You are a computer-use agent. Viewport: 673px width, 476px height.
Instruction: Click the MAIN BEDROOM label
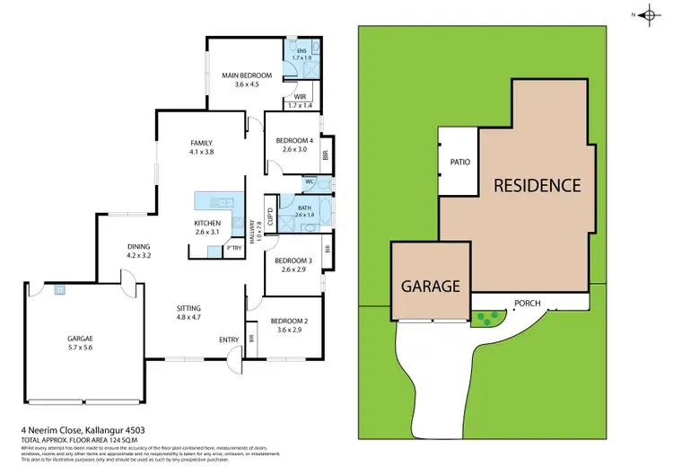coord(247,75)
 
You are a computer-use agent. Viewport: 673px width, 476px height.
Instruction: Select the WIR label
coord(301,96)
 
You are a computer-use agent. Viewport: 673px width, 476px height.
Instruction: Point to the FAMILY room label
coord(201,143)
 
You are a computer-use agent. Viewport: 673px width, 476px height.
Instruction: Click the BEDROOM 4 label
coord(294,140)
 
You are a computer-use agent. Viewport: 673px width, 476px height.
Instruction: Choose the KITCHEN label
coord(207,223)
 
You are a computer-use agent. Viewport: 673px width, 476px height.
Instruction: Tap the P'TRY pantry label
coord(234,247)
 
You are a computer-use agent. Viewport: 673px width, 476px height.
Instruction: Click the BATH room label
coord(303,207)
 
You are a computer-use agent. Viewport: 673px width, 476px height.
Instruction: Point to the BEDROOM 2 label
coord(289,321)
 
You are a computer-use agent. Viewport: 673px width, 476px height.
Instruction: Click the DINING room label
coord(138,246)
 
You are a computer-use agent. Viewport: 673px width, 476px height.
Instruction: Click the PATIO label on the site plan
coord(460,163)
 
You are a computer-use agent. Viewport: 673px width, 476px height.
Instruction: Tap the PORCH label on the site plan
coord(526,303)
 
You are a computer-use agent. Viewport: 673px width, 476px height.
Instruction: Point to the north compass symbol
coord(645,14)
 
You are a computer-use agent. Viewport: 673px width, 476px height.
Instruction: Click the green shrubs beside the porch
coord(487,316)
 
